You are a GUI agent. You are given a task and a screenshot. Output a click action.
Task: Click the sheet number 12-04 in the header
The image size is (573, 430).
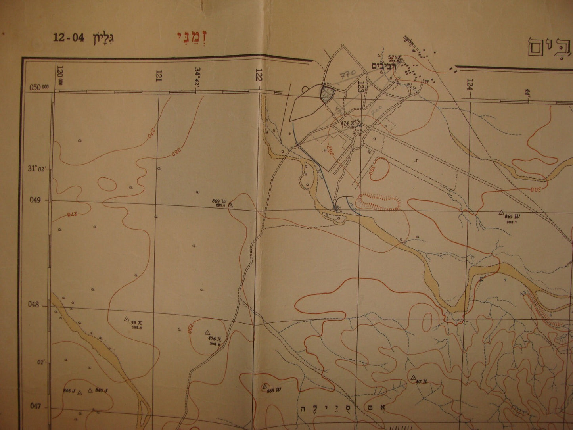pos(69,38)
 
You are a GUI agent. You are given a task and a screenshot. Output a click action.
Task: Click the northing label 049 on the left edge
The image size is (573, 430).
pos(36,200)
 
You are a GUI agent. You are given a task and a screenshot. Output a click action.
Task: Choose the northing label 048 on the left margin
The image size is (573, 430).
pos(36,305)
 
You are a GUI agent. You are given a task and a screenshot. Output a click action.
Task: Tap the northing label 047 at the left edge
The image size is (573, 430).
pos(36,406)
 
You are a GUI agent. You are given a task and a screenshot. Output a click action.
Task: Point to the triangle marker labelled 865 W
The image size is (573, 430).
pos(501,213)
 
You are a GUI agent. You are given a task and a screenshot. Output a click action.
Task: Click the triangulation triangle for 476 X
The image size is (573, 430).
pos(207,332)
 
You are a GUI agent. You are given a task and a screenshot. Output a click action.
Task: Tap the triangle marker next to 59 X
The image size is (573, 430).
pos(126,318)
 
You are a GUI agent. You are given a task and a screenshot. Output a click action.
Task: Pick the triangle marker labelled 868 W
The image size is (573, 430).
pos(265,386)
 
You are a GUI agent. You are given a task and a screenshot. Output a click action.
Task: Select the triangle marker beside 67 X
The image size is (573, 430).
pos(413,377)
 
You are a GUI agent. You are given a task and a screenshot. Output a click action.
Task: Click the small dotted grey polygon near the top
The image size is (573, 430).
pos(327,94)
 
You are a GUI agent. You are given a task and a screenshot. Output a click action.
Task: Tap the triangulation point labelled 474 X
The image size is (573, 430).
pos(359,124)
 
